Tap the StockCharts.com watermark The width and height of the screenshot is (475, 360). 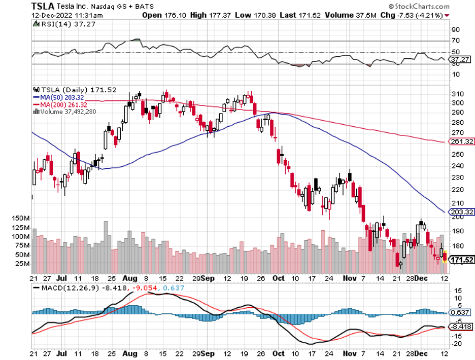pyautogui.click(x=421, y=7)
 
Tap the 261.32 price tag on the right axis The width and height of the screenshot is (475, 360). pyautogui.click(x=462, y=141)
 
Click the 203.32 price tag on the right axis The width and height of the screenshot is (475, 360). pyautogui.click(x=462, y=211)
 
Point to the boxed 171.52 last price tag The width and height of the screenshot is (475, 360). pyautogui.click(x=462, y=260)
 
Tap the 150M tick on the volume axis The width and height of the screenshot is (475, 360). pyautogui.click(x=22, y=218)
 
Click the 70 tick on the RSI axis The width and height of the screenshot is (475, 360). pyautogui.click(x=455, y=41)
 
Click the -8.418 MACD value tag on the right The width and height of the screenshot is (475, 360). pyautogui.click(x=462, y=327)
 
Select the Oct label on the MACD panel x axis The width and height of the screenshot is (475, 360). pyautogui.click(x=278, y=353)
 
